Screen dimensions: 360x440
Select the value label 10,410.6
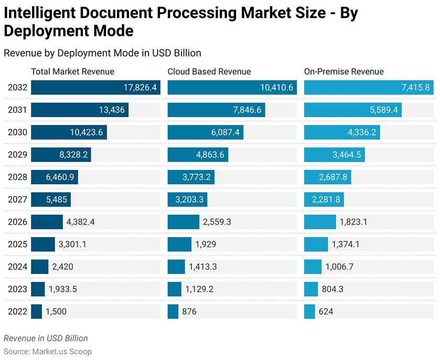pyautogui.click(x=276, y=88)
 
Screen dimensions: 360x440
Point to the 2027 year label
pyautogui.click(x=17, y=200)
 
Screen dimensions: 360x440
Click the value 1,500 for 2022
pyautogui.click(x=56, y=312)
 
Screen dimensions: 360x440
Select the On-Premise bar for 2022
pyautogui.click(x=309, y=312)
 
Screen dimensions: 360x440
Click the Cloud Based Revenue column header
pyautogui.click(x=209, y=72)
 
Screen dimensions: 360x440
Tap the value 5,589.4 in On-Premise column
pyautogui.click(x=381, y=110)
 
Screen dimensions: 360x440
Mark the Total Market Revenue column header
pyautogui.click(x=72, y=72)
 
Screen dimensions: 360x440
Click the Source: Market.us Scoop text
pyautogui.click(x=48, y=352)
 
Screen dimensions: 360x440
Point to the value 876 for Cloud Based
pyautogui.click(x=189, y=312)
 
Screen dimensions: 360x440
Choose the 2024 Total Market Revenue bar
pyautogui.click(x=39, y=267)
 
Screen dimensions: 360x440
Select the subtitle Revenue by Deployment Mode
pyautogui.click(x=102, y=53)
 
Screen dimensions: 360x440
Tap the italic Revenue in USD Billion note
pyautogui.click(x=46, y=338)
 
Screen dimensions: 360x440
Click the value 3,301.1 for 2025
pyautogui.click(x=72, y=245)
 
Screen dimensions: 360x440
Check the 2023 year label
pyautogui.click(x=17, y=289)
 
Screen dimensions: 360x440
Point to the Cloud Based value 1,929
pyautogui.click(x=206, y=245)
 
